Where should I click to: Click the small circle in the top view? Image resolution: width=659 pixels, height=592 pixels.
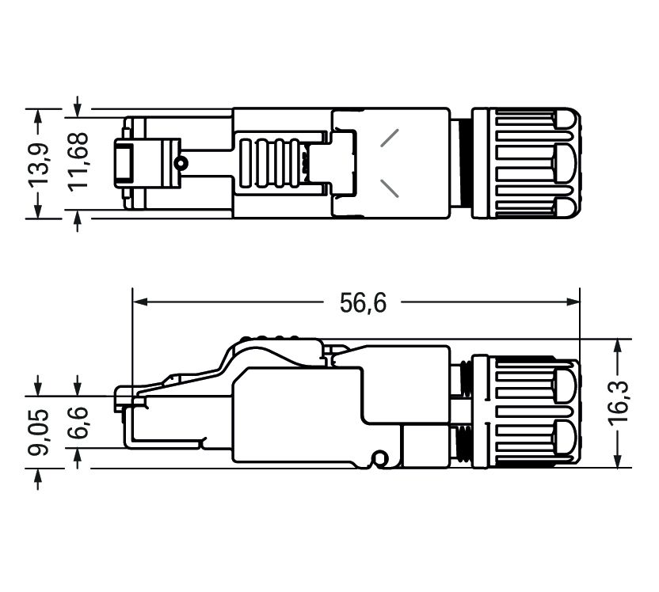point(182,163)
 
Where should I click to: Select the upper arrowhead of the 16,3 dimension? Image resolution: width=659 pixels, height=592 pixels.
point(619,346)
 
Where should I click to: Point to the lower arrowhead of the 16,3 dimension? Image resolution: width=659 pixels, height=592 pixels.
point(619,461)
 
